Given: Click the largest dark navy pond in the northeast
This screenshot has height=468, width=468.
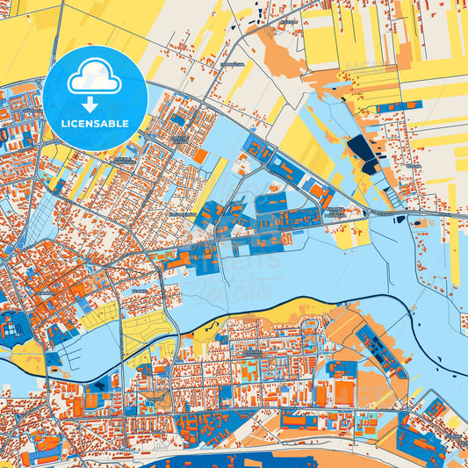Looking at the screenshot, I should point(360,148).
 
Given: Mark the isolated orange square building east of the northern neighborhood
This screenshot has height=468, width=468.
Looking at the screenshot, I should point(200,155).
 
